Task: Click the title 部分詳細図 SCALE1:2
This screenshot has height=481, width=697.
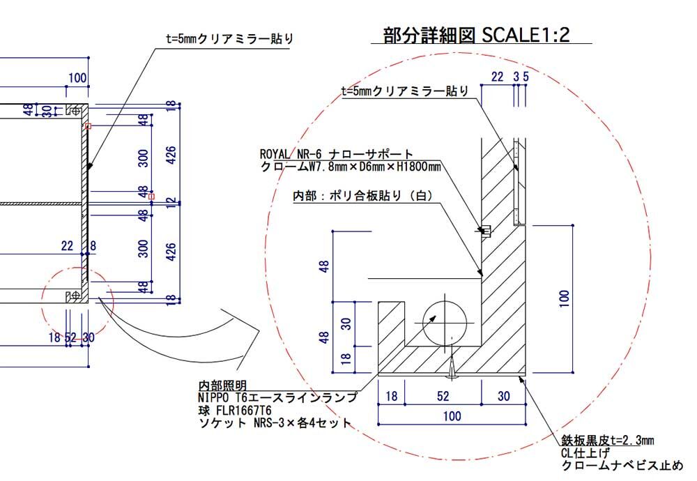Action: pos(476,35)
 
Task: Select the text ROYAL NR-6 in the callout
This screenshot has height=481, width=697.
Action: pos(290,154)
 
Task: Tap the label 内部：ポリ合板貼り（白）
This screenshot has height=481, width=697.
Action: pos(362,196)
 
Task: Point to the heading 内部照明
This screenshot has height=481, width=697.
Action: pos(222,385)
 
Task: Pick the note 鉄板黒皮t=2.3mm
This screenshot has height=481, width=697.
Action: pos(607,440)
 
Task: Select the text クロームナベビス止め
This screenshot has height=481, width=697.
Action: pos(622,466)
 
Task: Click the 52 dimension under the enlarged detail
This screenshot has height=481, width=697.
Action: pos(443,396)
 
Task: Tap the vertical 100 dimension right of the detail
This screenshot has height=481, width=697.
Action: pos(564,298)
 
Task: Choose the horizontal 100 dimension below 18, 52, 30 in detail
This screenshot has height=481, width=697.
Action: pos(452,416)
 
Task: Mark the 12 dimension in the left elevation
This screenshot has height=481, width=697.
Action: pos(171,203)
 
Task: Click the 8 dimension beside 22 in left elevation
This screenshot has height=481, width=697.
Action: pos(93,245)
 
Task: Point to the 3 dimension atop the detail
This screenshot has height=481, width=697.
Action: pos(516,77)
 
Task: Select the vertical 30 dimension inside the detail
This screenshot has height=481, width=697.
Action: pos(346,323)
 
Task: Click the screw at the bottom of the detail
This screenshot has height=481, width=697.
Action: pos(452,363)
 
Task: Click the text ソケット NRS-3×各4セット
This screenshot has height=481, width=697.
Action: pos(275,422)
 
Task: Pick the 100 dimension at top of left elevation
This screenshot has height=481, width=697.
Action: pos(77,78)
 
